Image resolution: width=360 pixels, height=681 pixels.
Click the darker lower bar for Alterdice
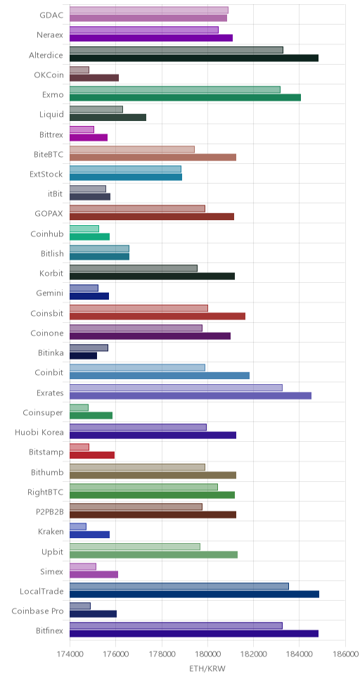point(193,58)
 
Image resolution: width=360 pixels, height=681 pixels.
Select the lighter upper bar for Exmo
point(175,89)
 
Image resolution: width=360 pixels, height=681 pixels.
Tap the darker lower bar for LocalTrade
point(194,594)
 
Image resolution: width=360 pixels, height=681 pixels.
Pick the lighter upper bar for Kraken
point(78,527)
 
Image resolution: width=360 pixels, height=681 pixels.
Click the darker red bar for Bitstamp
point(92,455)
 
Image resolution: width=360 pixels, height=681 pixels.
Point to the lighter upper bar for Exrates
point(176,388)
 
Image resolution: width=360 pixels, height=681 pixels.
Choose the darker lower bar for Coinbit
point(160,376)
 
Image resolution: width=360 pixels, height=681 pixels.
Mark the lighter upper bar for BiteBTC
point(132,149)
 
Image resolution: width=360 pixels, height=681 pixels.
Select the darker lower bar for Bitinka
point(83,356)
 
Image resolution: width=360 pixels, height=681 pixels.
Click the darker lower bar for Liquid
point(108,117)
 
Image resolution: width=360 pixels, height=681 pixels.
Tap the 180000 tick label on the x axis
point(207,654)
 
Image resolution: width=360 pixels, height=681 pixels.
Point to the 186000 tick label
point(345,654)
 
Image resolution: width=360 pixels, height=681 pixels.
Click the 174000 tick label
point(70,654)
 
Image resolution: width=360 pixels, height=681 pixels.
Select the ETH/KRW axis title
point(207,668)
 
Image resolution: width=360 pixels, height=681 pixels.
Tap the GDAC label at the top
point(51,15)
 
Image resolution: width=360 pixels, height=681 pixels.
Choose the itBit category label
point(55,194)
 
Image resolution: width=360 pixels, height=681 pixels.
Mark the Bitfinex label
point(50,631)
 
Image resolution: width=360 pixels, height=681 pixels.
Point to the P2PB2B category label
point(50,512)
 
